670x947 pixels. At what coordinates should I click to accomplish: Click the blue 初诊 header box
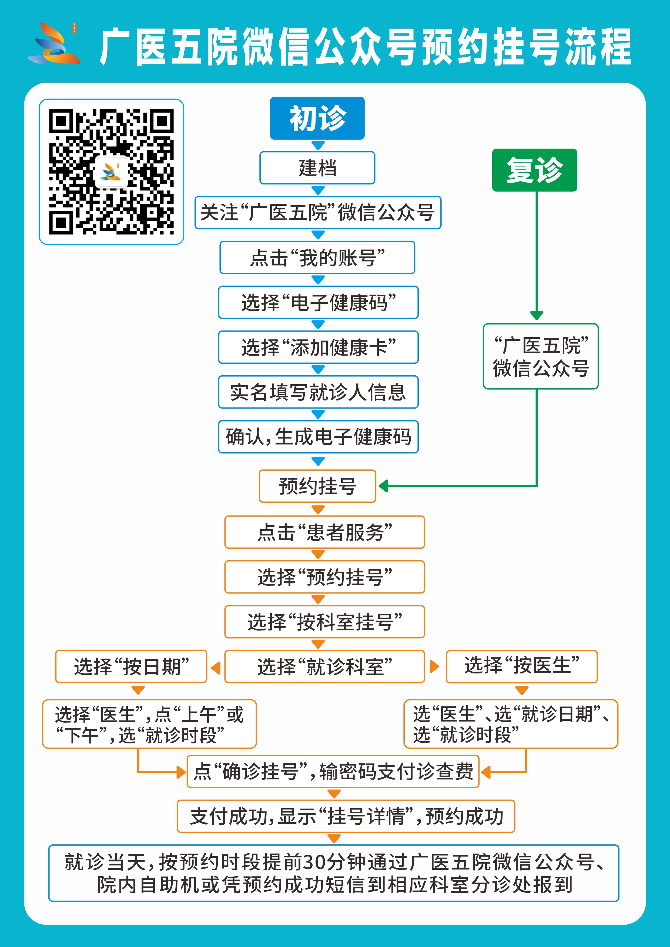click(x=317, y=118)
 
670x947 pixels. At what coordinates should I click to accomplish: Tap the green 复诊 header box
click(x=534, y=170)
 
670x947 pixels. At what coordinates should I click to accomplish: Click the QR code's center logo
click(x=111, y=171)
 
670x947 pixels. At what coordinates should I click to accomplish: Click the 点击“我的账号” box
click(x=317, y=257)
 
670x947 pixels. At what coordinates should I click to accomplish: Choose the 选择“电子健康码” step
click(x=318, y=302)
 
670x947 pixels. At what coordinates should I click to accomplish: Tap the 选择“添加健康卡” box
click(x=318, y=347)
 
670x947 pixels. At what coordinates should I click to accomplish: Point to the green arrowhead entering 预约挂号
click(x=383, y=486)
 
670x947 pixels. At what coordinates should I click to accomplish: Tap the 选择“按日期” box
click(x=131, y=666)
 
